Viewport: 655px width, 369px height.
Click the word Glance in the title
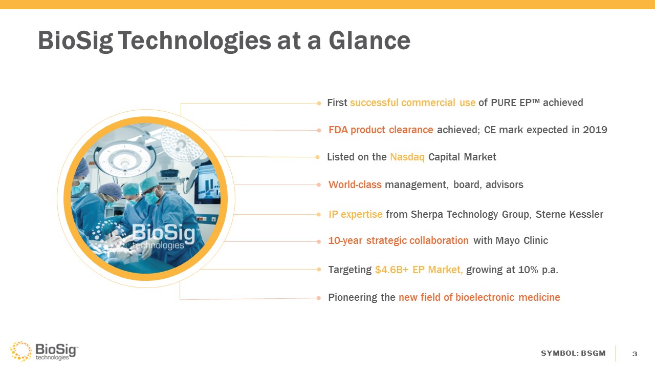click(x=369, y=40)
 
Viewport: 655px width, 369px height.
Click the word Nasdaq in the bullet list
click(x=407, y=157)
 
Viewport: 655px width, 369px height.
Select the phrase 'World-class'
click(x=355, y=185)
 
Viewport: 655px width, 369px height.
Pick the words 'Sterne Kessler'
click(x=570, y=214)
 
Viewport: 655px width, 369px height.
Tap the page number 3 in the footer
click(x=635, y=354)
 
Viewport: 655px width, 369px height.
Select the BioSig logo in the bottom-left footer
click(x=44, y=351)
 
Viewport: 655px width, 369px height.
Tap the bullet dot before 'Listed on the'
click(x=318, y=157)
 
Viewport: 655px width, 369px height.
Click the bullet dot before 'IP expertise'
click(x=319, y=215)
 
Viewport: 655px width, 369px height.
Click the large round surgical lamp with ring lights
click(x=125, y=159)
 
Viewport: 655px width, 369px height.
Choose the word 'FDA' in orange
click(x=338, y=130)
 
